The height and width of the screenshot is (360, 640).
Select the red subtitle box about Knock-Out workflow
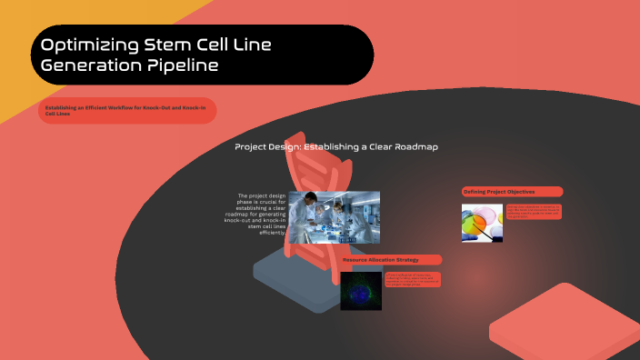(127, 110)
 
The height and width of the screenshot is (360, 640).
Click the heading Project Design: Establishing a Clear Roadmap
(336, 146)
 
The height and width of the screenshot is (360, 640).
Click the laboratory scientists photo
(334, 217)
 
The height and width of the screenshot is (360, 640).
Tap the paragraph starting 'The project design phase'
(261, 214)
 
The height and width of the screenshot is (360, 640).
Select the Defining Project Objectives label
(512, 192)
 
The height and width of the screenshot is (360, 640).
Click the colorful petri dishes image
(482, 223)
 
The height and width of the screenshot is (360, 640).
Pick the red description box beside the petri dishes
(534, 212)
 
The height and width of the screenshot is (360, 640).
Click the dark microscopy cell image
(361, 290)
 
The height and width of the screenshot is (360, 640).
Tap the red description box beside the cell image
(412, 280)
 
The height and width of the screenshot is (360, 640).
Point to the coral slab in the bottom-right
(564, 327)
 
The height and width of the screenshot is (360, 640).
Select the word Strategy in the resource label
(406, 260)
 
